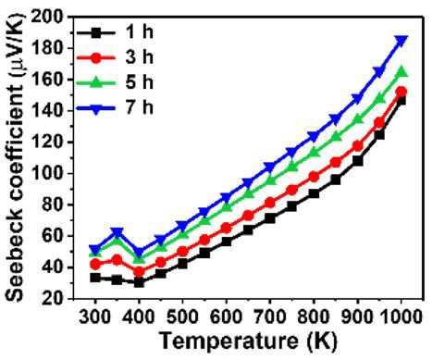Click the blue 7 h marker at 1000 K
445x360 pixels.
[402, 41]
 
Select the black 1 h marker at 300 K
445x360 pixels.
[95, 278]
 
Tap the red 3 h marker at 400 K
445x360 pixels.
[139, 272]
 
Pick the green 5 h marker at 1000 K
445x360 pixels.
[402, 72]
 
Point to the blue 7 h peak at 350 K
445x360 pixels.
[117, 232]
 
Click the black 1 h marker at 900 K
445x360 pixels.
[357, 161]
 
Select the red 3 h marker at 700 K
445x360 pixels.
[270, 203]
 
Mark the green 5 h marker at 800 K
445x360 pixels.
[314, 152]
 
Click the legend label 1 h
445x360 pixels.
[139, 32]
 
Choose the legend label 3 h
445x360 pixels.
[139, 57]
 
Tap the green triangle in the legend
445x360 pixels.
[95, 82]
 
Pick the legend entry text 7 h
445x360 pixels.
[139, 107]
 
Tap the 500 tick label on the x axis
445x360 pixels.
[182, 317]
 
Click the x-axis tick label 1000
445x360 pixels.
[402, 317]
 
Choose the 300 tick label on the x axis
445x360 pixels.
[95, 317]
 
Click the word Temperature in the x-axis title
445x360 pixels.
[229, 341]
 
